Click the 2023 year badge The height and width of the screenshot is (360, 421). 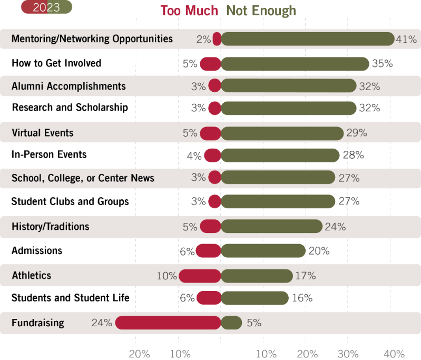click(46, 7)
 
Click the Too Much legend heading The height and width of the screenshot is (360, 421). click(189, 11)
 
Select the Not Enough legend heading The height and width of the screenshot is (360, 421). click(261, 11)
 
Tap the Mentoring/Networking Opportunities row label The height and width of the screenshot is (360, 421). click(92, 39)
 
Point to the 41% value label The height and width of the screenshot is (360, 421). click(406, 39)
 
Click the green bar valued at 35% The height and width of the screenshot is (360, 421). click(295, 64)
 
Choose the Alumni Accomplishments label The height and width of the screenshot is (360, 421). click(68, 86)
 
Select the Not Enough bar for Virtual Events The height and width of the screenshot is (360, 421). click(282, 133)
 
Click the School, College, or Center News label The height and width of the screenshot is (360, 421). click(83, 178)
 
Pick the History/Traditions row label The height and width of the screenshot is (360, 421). click(51, 227)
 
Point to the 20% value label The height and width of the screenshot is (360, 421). click(319, 251)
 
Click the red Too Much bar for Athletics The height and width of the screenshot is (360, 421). click(200, 276)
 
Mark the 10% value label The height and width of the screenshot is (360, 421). click(167, 276)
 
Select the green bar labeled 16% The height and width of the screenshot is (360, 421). click(254, 298)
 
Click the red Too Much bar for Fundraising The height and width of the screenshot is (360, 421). click(168, 323)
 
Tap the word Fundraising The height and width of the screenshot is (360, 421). click(38, 323)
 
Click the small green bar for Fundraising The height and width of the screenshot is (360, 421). click(231, 323)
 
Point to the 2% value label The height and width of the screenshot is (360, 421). click(203, 39)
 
